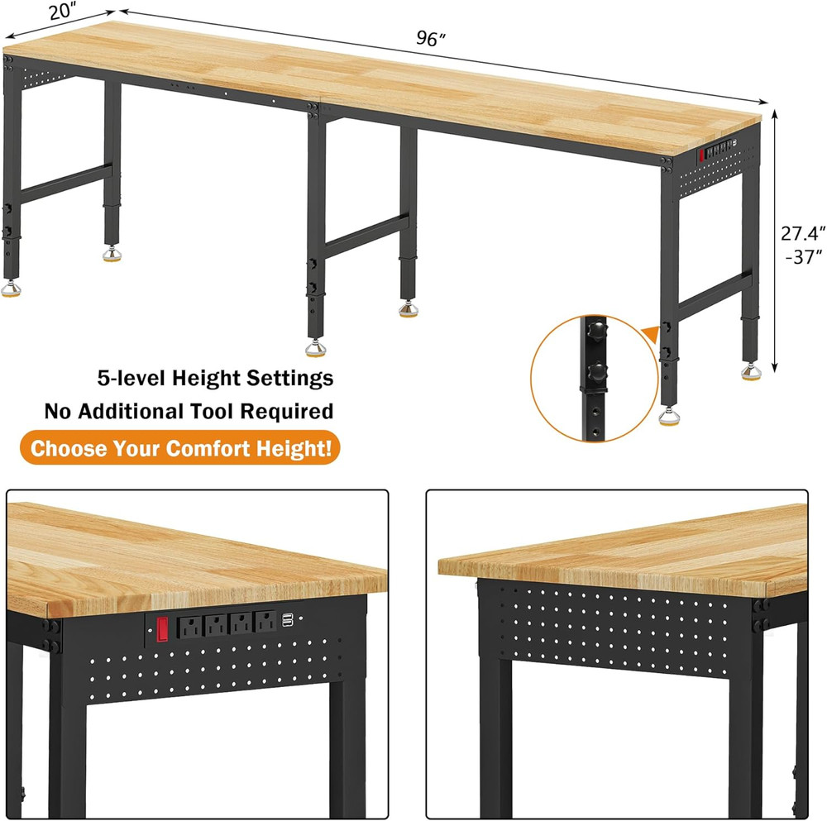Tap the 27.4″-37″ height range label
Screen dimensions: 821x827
801,245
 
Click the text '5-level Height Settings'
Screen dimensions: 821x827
215,379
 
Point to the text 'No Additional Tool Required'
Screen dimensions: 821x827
189,411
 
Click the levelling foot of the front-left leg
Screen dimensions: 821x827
11,287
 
